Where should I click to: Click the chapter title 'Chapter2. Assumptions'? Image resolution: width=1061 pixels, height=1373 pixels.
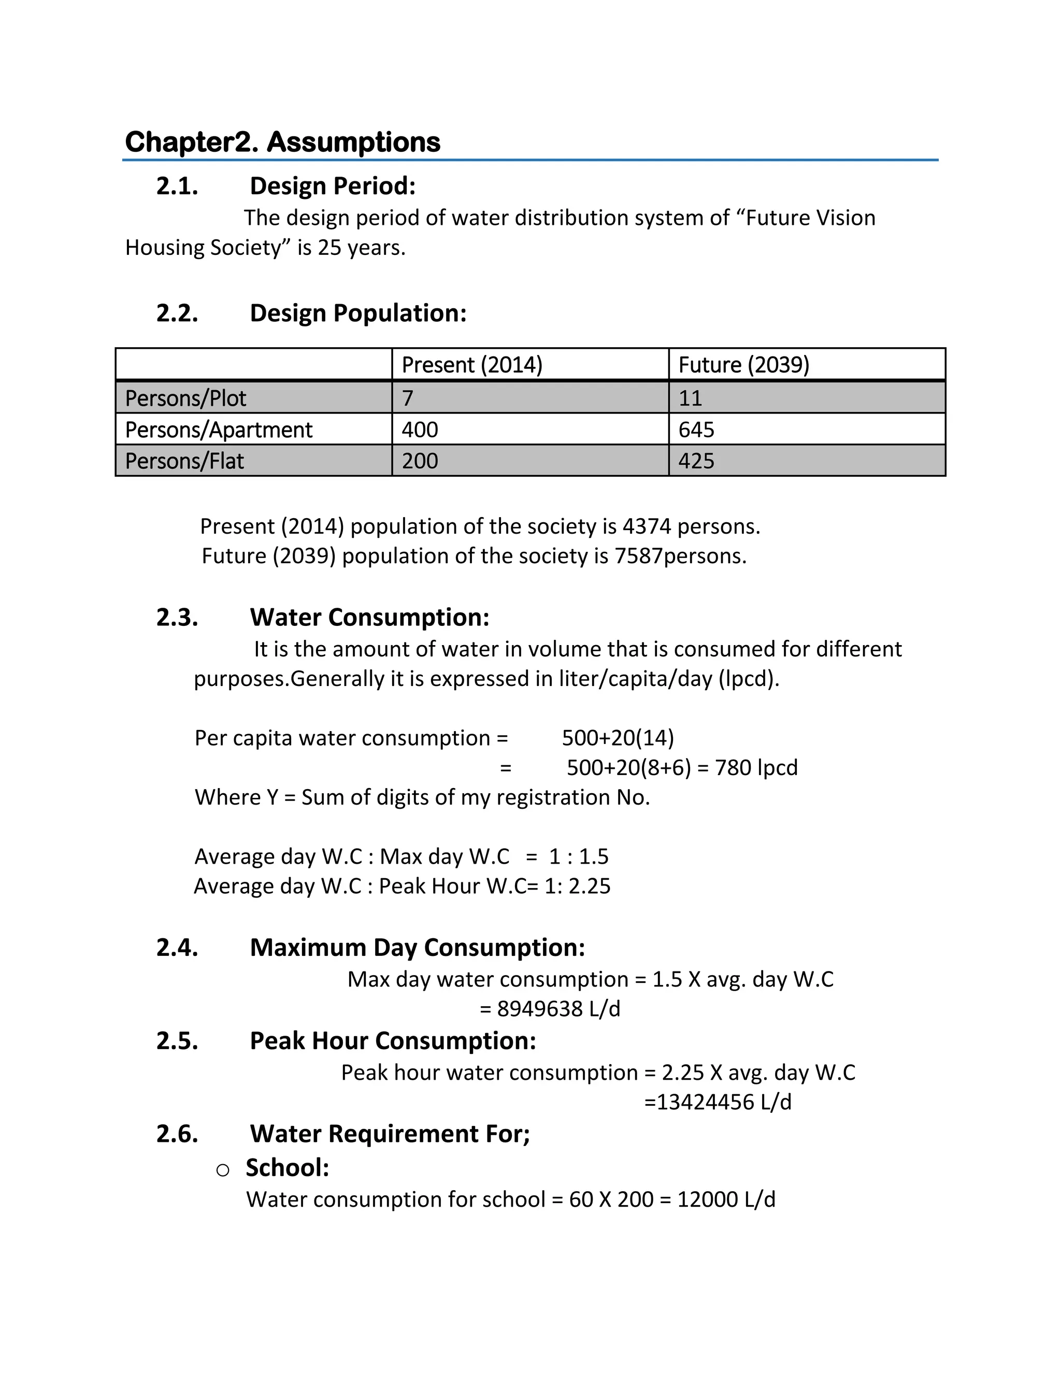coord(282,142)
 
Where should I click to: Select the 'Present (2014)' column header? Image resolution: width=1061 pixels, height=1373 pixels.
coord(471,365)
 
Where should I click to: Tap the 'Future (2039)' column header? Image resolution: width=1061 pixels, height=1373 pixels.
coord(743,365)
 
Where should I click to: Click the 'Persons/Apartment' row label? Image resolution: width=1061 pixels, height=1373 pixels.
coord(218,430)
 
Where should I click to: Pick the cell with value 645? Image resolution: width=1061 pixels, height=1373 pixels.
coord(696,430)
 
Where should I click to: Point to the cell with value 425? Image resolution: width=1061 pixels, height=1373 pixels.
coord(696,461)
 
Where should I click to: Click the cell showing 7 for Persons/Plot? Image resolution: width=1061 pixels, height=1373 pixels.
coord(407,398)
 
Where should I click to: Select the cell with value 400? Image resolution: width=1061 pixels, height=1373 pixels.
coord(419,430)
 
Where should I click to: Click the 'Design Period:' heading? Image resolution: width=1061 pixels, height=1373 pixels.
coord(333,186)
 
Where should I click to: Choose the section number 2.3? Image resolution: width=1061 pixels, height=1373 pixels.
coord(177,618)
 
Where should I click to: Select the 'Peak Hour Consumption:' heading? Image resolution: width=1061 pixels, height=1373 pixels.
coord(393,1040)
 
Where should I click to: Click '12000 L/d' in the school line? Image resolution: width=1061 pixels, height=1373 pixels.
coord(726,1199)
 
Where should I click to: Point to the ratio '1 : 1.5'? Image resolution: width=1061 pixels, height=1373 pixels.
coord(578,856)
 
